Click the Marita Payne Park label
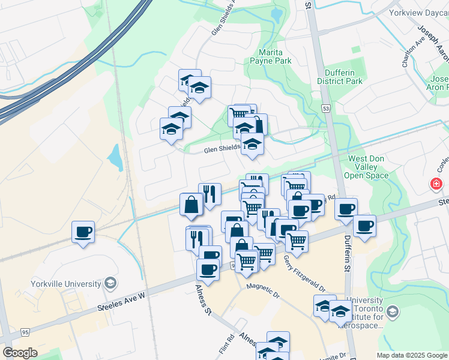(274, 56)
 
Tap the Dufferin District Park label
(340, 76)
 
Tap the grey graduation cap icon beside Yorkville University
(110, 282)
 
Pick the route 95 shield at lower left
(25, 332)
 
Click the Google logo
(20, 353)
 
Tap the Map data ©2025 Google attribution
(412, 355)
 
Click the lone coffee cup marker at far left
(83, 231)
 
